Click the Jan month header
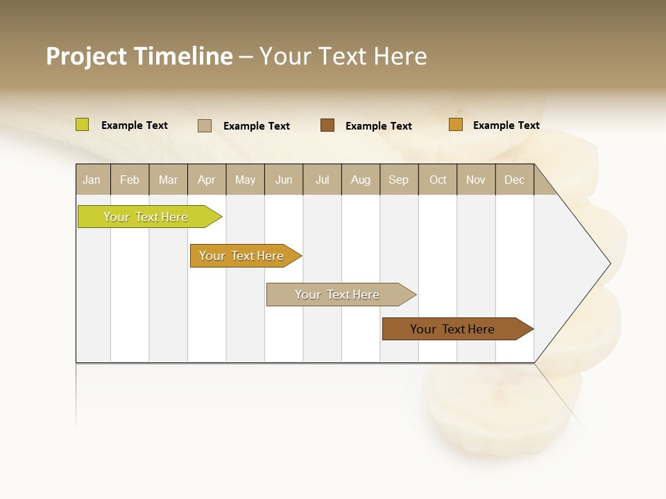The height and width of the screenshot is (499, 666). pos(92,180)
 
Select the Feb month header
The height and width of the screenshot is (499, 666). pos(130,180)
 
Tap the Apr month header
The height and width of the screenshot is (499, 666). pos(207,180)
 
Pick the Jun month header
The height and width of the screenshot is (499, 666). pos(284,180)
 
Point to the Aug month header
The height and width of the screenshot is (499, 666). pos(361,180)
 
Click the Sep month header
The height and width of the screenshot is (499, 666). pos(399,180)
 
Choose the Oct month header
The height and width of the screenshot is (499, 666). pos(438,180)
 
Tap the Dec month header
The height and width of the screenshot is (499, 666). pos(515,180)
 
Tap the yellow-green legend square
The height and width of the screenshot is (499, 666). pos(83,125)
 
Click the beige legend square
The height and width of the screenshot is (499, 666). pos(205,125)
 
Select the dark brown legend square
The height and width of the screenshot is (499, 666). pos(327,125)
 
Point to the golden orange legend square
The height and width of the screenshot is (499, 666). pos(456,125)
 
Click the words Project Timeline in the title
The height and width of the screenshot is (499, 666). pos(139,56)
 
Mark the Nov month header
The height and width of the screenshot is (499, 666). pos(476,180)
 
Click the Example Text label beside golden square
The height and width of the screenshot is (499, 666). pos(506,125)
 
